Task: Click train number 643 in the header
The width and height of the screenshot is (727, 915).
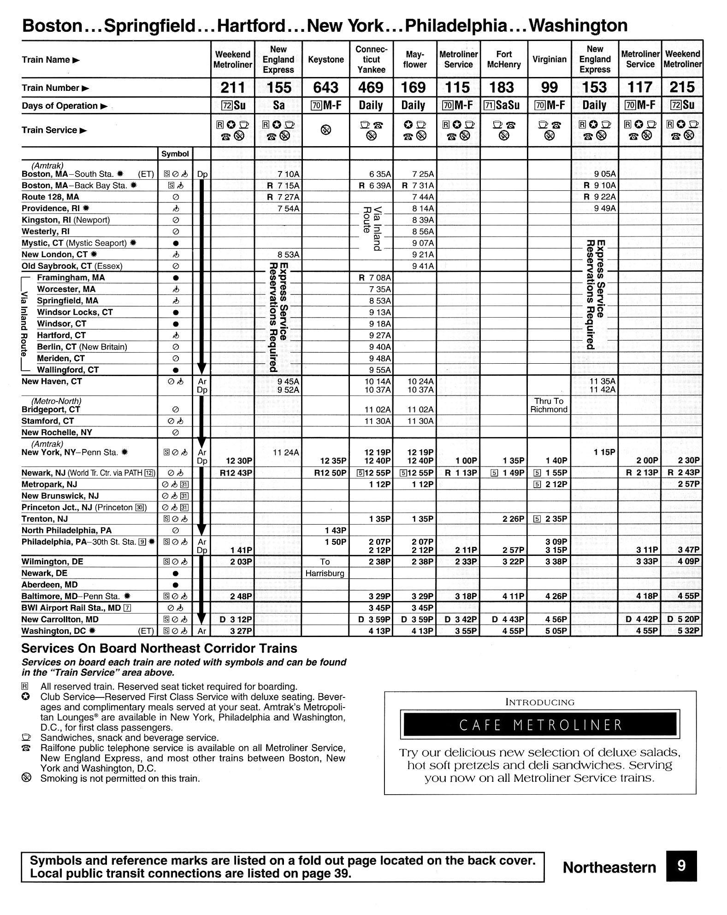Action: pyautogui.click(x=325, y=88)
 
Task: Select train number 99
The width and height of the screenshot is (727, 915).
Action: pyautogui.click(x=549, y=88)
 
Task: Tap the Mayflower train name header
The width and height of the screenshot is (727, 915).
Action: pyautogui.click(x=414, y=59)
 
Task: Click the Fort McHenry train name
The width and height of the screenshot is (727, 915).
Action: pyautogui.click(x=504, y=59)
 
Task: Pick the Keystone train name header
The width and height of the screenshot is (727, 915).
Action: pyautogui.click(x=325, y=59)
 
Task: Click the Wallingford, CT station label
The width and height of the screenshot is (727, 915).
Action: pyautogui.click(x=68, y=370)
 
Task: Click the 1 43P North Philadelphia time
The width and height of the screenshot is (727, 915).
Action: pyautogui.click(x=335, y=531)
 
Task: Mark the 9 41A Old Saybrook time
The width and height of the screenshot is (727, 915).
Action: pyautogui.click(x=423, y=266)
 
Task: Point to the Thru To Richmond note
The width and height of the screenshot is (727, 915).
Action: pyautogui.click(x=549, y=405)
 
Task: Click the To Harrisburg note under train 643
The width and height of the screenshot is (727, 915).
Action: pyautogui.click(x=325, y=567)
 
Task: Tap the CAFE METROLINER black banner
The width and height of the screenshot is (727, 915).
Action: pyautogui.click(x=540, y=725)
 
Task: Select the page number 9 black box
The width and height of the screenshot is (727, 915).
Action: pyautogui.click(x=681, y=866)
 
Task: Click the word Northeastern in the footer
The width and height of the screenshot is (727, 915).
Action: pyautogui.click(x=609, y=868)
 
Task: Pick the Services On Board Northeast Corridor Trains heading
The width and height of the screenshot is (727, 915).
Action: pyautogui.click(x=159, y=649)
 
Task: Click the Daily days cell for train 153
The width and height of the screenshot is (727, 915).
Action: pyautogui.click(x=594, y=106)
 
